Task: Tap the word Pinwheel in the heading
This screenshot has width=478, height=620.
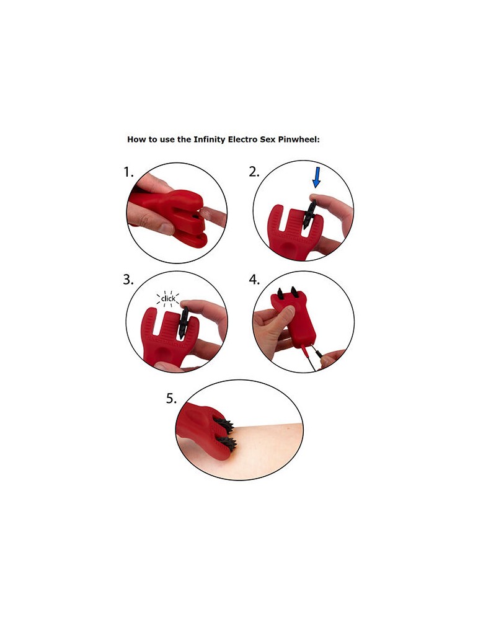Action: click(x=299, y=139)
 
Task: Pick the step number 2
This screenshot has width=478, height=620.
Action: click(x=254, y=172)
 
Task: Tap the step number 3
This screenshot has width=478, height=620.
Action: click(x=128, y=280)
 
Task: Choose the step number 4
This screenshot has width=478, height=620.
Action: click(x=254, y=280)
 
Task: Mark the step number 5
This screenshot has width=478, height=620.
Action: click(x=172, y=399)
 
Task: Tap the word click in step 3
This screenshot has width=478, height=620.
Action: click(x=168, y=299)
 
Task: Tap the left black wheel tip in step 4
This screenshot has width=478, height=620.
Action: click(x=279, y=291)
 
